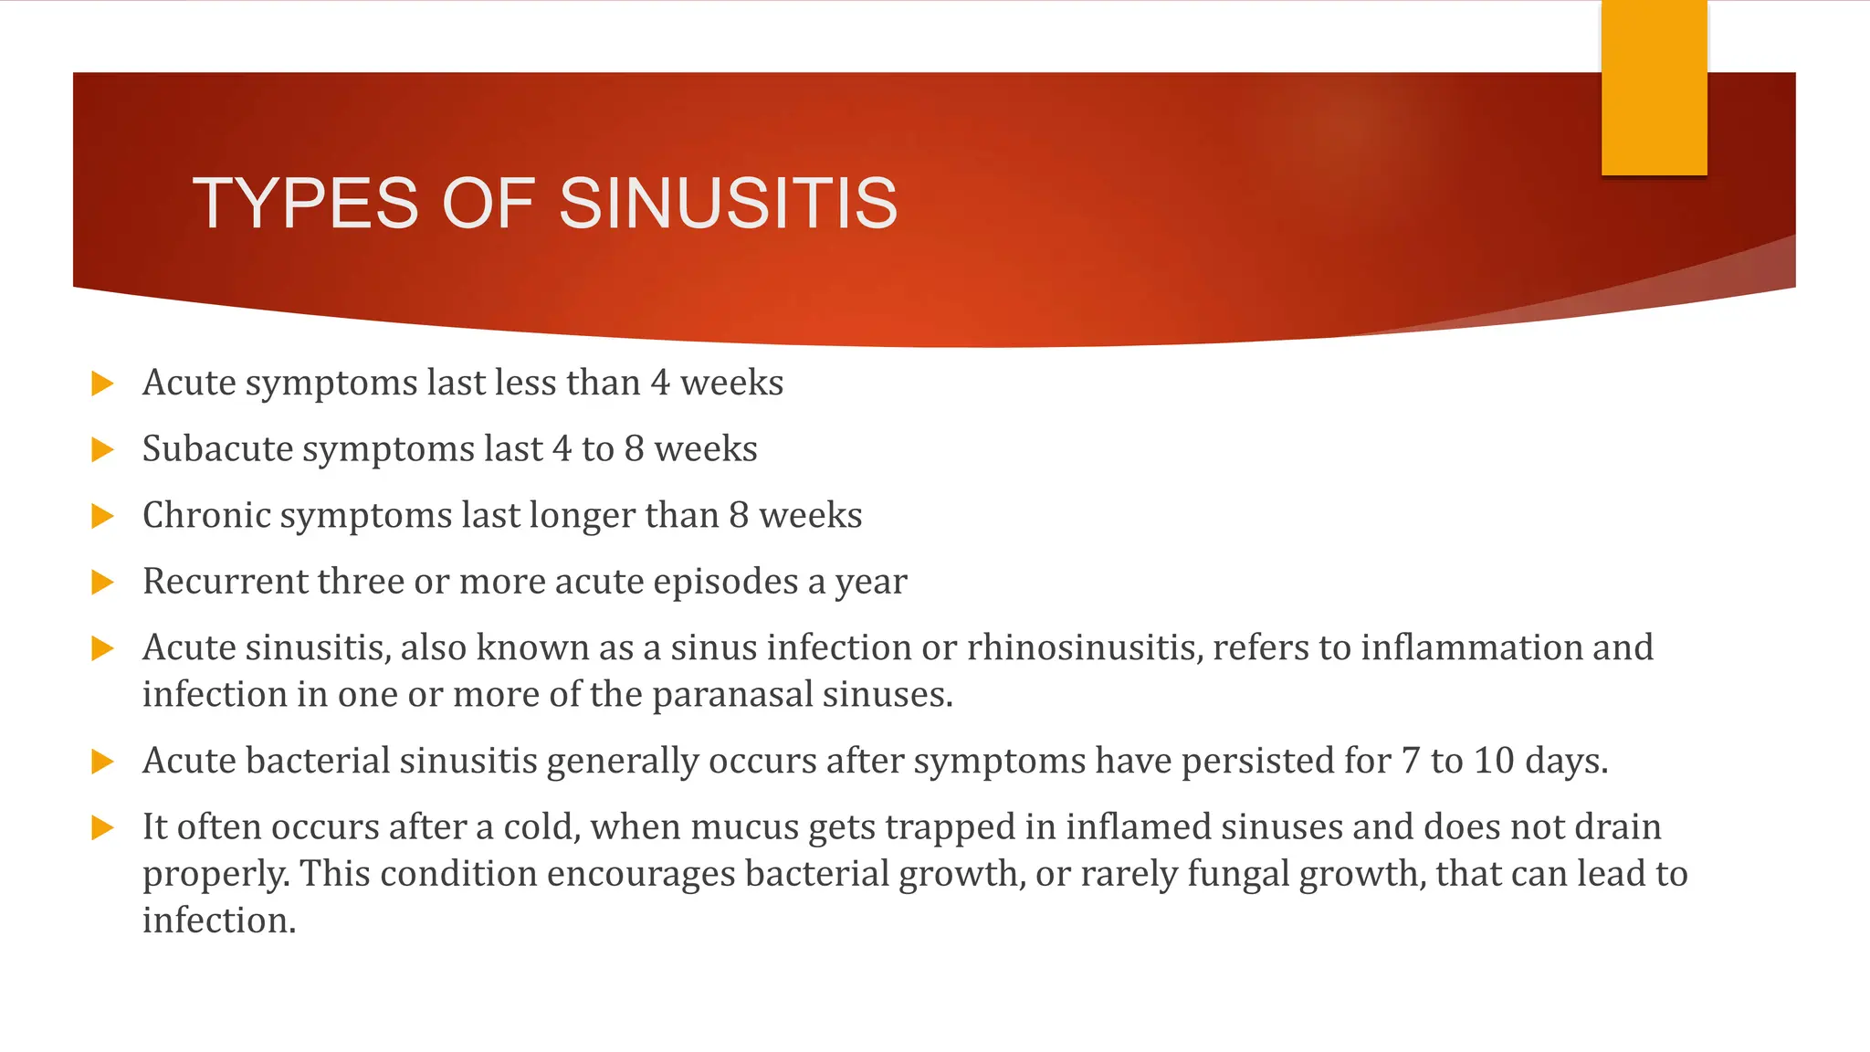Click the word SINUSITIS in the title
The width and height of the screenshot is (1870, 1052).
[728, 203]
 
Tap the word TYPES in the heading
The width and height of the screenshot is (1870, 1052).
[306, 203]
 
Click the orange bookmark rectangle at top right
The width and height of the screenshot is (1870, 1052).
[1654, 88]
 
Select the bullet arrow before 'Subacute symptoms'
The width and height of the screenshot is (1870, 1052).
[102, 449]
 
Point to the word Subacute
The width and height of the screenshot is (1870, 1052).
[217, 449]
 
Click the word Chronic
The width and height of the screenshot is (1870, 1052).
[206, 515]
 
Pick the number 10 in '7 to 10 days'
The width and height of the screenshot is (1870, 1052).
[1494, 761]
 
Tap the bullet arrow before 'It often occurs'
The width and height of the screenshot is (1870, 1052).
[102, 828]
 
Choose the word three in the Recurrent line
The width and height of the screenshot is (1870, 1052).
[360, 582]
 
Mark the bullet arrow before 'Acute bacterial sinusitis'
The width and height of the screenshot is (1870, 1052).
[102, 762]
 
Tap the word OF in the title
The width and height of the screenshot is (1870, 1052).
[488, 203]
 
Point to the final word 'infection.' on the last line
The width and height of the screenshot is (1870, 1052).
[219, 920]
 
